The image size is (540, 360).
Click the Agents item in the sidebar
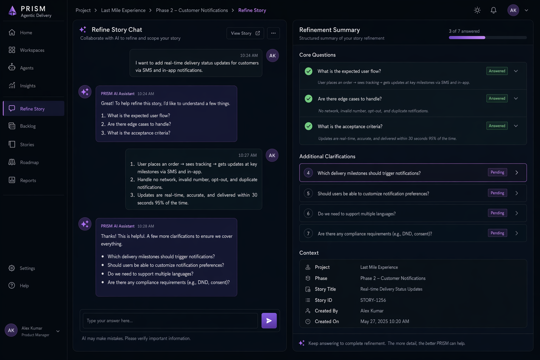tap(26, 68)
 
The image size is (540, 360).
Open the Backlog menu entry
tap(28, 126)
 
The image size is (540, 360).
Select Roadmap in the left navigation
tap(29, 162)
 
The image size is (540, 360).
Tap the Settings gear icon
tap(12, 268)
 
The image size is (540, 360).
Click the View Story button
tap(245, 33)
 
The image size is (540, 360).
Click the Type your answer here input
tap(170, 321)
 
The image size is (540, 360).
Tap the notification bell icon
tap(494, 10)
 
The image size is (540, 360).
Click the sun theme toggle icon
tap(477, 10)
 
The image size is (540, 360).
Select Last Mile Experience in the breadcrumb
tap(123, 10)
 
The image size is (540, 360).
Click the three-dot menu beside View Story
tap(273, 33)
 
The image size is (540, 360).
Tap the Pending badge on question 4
tap(497, 172)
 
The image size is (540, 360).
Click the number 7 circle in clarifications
tap(308, 233)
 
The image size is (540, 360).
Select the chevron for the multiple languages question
tap(516, 213)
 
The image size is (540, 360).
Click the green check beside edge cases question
tap(308, 99)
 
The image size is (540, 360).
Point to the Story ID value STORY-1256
tap(373, 300)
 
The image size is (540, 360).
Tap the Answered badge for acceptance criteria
tap(497, 126)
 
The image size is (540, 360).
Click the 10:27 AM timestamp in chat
tap(247, 155)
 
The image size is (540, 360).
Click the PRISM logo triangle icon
tap(13, 11)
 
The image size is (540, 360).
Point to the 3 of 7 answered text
tap(464, 31)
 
